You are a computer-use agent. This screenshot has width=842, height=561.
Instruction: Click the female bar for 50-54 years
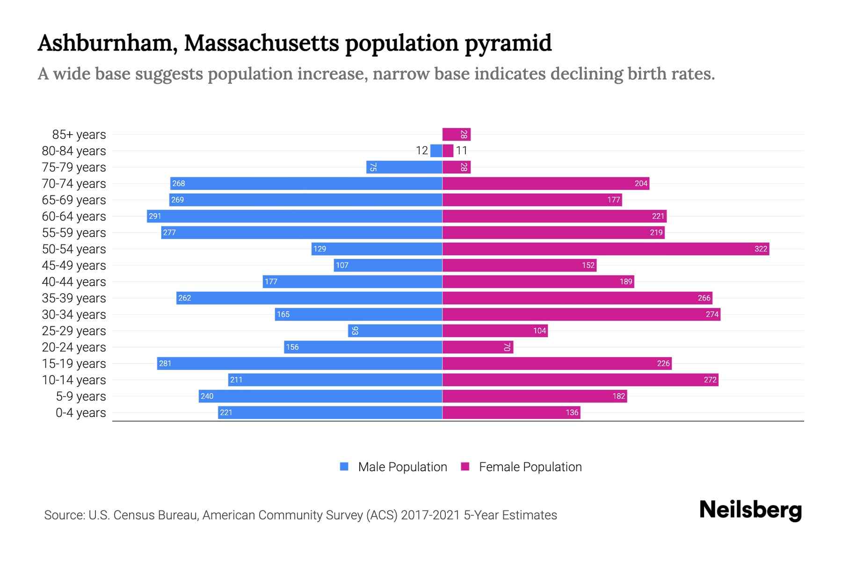pos(606,249)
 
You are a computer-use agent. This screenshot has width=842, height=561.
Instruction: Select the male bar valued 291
pos(295,216)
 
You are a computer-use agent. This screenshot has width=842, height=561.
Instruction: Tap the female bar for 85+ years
pos(456,134)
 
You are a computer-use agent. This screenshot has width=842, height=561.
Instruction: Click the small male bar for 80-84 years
pos(436,151)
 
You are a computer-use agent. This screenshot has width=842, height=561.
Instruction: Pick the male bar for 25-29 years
pos(395,331)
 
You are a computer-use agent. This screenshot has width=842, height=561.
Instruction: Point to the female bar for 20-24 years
pos(477,347)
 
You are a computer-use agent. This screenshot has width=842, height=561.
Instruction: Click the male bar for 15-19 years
pos(299,363)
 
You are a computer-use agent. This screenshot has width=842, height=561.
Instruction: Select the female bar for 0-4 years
pos(511,412)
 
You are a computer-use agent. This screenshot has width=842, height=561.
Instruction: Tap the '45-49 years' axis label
pos(74,265)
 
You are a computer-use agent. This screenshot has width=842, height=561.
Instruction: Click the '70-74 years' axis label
pos(74,183)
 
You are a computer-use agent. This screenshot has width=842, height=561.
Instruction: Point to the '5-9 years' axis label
pos(80,396)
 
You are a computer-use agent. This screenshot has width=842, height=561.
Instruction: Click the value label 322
pos(761,249)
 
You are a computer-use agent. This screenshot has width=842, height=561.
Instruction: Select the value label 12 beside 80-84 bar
pos(421,151)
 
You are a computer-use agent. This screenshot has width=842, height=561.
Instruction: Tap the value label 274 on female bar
pos(712,314)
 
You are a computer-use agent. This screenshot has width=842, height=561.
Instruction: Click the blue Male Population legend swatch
pos(344,467)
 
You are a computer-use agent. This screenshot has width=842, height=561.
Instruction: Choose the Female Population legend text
pos(530,467)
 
